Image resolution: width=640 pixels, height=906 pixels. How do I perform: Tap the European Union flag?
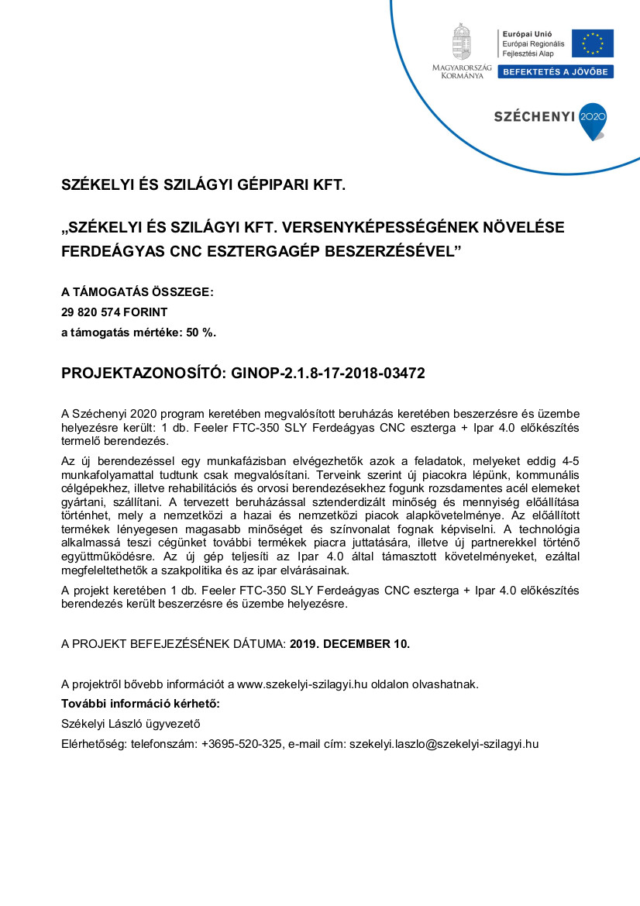click(x=593, y=43)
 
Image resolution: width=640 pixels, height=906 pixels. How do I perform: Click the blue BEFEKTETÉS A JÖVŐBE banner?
click(x=556, y=72)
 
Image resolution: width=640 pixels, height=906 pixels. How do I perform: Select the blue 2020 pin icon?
click(x=593, y=120)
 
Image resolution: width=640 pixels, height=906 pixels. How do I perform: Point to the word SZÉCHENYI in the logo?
click(x=534, y=117)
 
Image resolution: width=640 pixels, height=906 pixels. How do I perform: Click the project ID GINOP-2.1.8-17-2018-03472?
click(x=329, y=373)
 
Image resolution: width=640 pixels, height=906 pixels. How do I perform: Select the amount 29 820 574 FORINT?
click(x=115, y=312)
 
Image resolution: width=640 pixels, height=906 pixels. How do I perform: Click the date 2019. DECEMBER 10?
click(x=349, y=643)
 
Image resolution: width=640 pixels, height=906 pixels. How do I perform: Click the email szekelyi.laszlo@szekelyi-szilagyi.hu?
click(x=443, y=744)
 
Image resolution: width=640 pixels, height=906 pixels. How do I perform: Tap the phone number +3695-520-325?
click(x=241, y=744)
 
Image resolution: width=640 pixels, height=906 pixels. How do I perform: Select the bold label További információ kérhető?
click(x=141, y=704)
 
